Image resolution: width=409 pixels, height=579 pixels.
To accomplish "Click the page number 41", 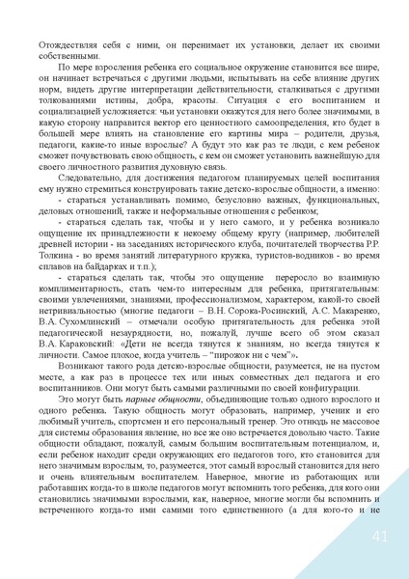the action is [x=378, y=537].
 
